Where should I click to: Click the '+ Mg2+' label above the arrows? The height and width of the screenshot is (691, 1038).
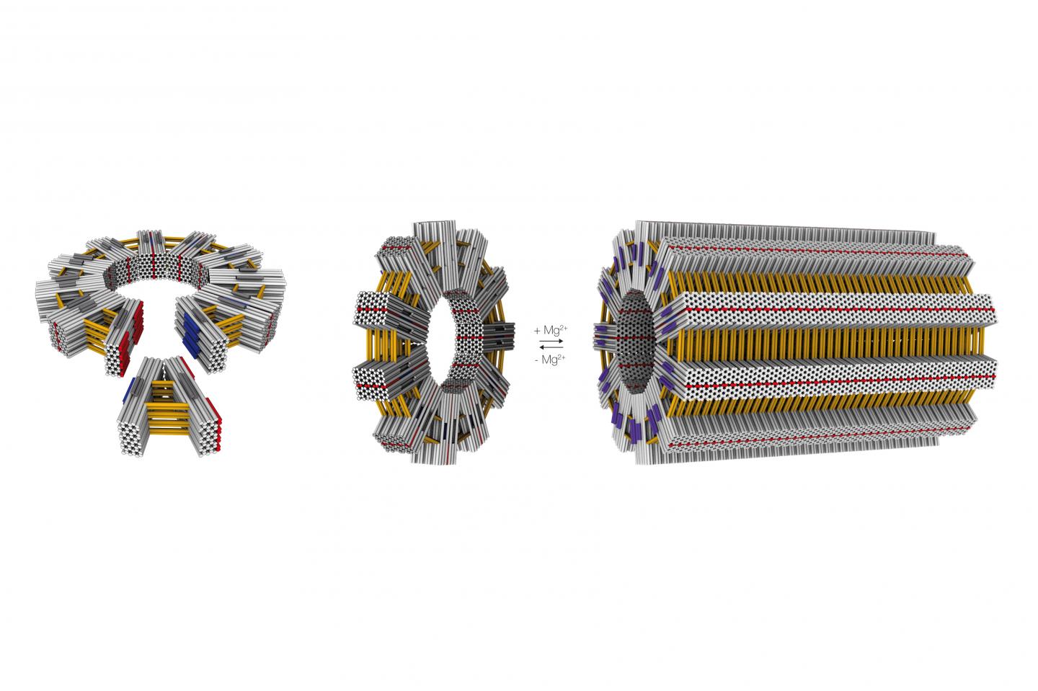point(551,330)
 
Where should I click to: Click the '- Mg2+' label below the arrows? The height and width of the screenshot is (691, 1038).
point(551,358)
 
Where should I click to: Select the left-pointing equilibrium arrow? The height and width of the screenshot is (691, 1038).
point(551,347)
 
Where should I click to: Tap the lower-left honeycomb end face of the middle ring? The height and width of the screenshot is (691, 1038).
point(372,378)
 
